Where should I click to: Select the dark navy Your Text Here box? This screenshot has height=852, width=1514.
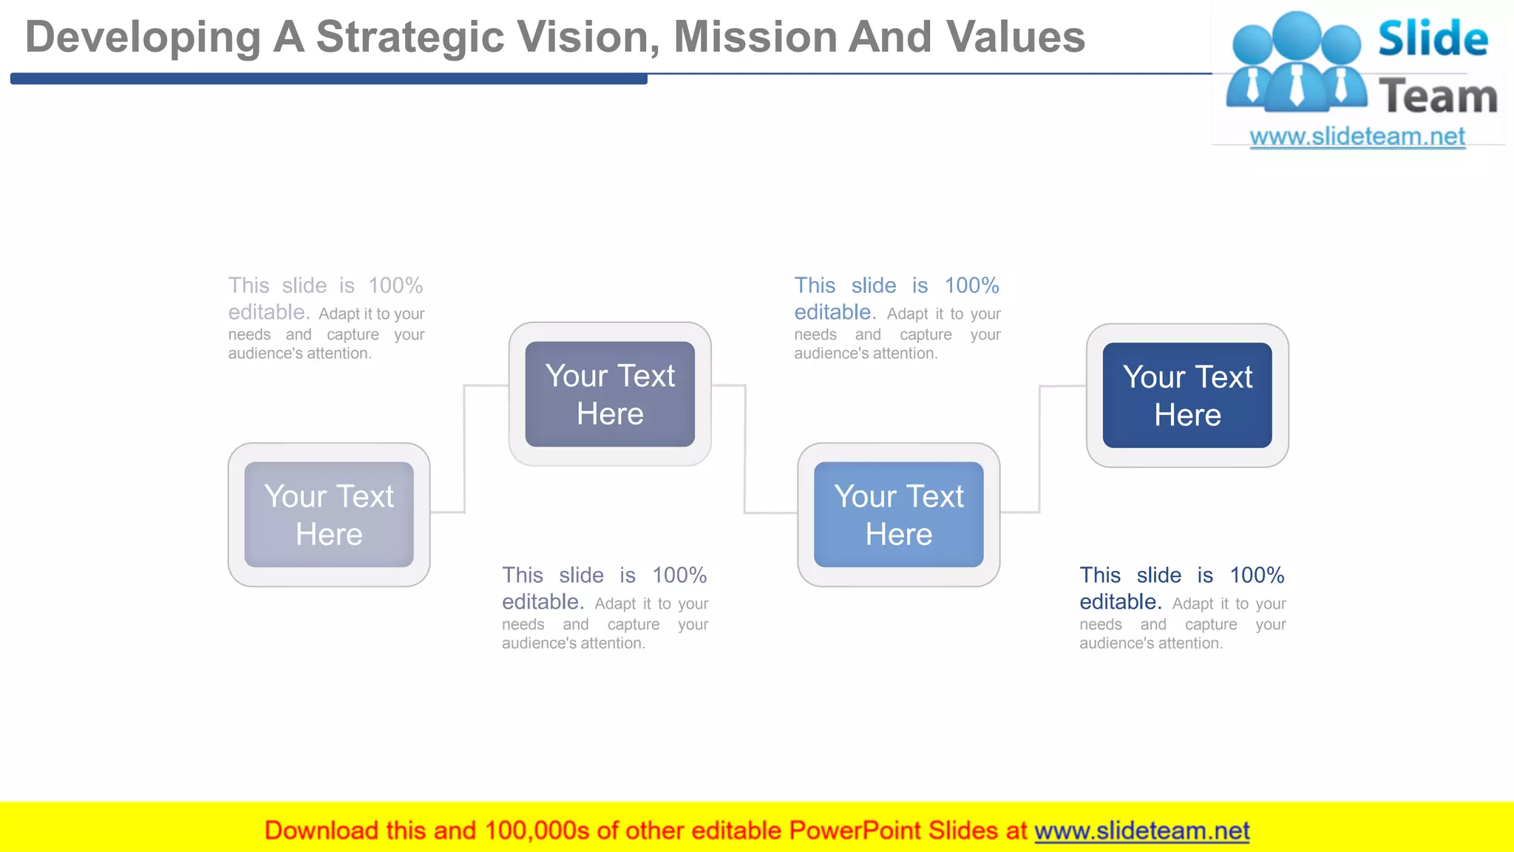pyautogui.click(x=1187, y=396)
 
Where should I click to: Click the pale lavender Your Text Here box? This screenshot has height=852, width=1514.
pyautogui.click(x=329, y=515)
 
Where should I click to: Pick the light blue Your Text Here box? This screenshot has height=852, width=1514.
pyautogui.click(x=898, y=515)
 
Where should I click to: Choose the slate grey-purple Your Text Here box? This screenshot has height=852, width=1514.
pyautogui.click(x=610, y=394)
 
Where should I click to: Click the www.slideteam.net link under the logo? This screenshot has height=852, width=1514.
pyautogui.click(x=1357, y=137)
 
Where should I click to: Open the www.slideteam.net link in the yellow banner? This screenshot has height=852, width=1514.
pyautogui.click(x=1141, y=831)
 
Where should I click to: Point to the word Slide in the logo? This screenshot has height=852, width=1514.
pyautogui.click(x=1432, y=38)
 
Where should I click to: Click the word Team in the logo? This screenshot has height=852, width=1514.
pyautogui.click(x=1438, y=97)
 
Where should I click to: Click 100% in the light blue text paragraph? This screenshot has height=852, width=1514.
pyautogui.click(x=971, y=285)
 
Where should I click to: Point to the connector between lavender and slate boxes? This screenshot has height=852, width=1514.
pyautogui.click(x=464, y=448)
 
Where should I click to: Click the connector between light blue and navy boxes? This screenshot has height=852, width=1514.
pyautogui.click(x=1039, y=448)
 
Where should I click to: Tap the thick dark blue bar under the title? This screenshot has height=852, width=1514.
pyautogui.click(x=329, y=78)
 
